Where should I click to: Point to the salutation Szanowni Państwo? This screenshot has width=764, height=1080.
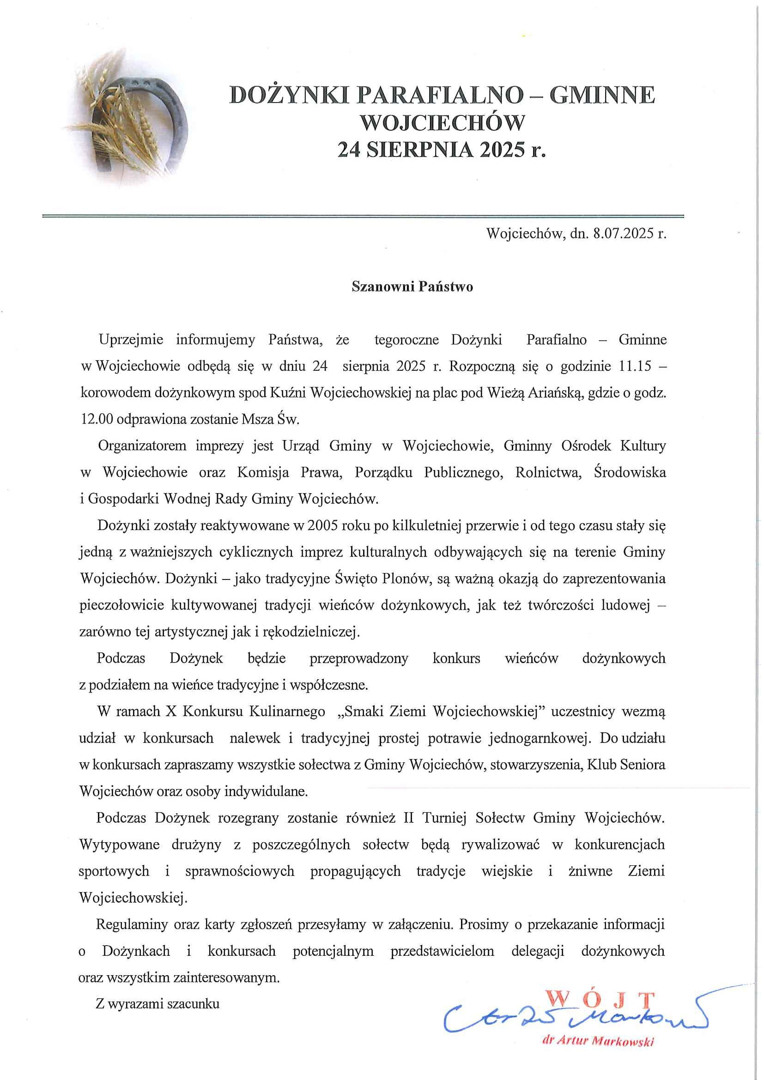(412, 286)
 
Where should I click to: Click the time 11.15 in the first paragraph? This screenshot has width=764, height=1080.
(633, 366)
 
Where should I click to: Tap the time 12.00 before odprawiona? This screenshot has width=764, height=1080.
(97, 419)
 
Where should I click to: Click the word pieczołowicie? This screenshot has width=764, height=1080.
(121, 605)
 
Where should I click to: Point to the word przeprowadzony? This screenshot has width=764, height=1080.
(358, 658)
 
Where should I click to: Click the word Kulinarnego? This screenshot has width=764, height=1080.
(286, 711)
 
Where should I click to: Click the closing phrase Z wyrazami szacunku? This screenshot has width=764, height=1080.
(158, 1004)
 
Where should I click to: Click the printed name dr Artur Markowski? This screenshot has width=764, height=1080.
(598, 1043)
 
